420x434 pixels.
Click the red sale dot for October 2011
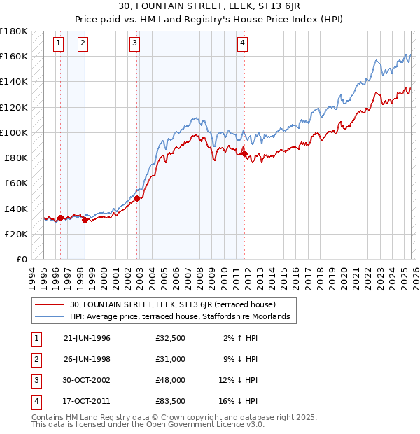[244, 154]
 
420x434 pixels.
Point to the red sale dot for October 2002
[136, 198]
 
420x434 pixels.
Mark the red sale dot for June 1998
[85, 220]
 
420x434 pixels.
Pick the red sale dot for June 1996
[60, 218]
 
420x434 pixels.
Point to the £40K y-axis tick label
[15, 209]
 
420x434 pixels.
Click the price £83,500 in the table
[170, 402]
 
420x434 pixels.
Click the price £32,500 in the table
[170, 338]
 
